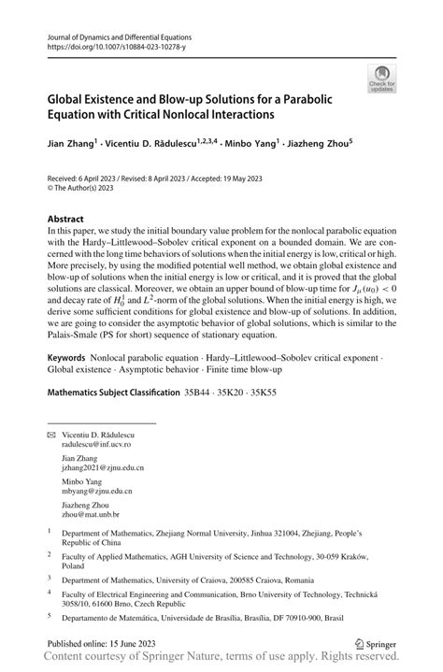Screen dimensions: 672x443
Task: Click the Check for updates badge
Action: click(382, 79)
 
